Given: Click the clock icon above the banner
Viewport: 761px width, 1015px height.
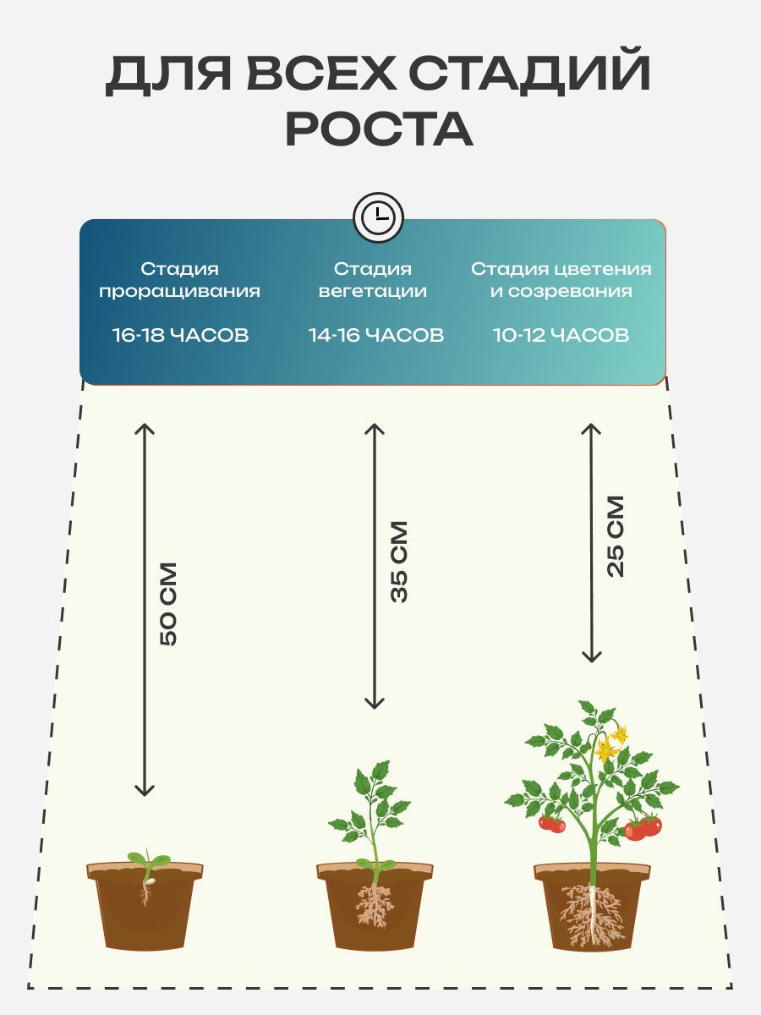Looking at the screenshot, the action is coord(378,217).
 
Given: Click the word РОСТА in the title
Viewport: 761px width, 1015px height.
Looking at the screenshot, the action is coord(380,129).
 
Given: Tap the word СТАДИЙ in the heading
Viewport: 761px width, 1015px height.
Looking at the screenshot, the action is coord(530,74).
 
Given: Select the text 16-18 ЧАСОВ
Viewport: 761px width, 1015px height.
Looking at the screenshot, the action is coord(181,335).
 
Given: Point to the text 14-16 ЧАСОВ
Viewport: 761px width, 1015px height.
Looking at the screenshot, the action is coord(376,335).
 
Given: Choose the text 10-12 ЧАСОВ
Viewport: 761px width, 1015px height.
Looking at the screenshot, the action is coord(561,335).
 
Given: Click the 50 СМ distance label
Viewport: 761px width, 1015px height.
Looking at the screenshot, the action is coord(167,604).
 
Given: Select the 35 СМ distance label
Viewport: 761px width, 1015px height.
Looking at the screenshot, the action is coord(399,562).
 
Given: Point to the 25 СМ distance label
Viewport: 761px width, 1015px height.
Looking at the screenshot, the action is coord(616,536).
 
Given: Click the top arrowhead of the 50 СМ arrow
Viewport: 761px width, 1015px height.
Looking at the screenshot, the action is coord(144,428).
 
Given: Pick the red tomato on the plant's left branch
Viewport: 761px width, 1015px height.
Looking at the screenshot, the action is coord(551,824).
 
